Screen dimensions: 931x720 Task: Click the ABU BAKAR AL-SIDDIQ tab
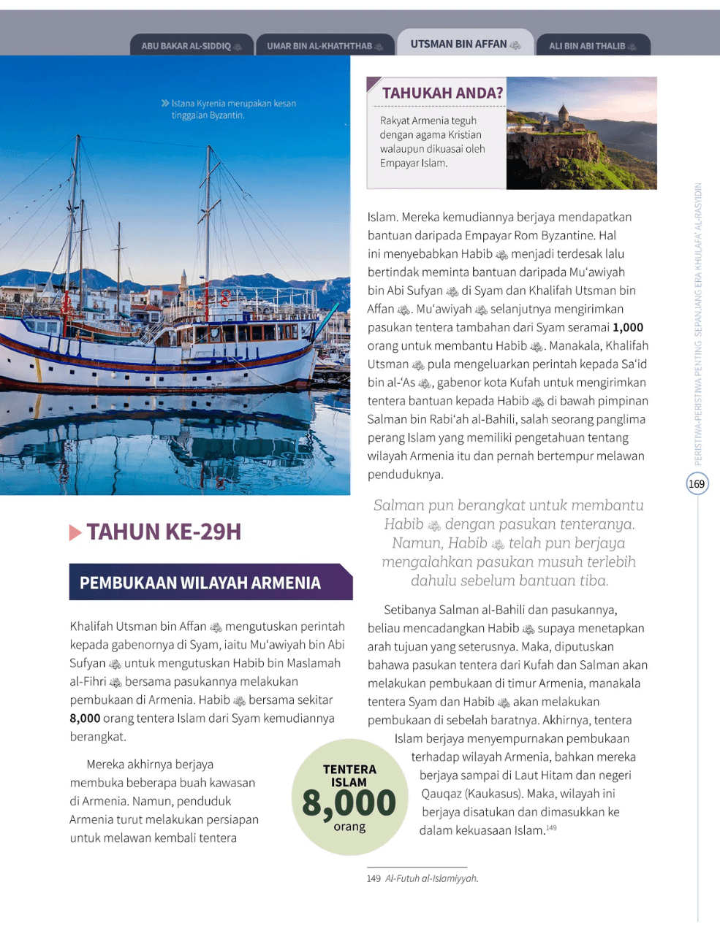click(x=192, y=46)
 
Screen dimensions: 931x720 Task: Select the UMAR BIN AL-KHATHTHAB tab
click(x=325, y=46)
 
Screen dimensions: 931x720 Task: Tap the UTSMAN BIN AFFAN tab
click(x=465, y=45)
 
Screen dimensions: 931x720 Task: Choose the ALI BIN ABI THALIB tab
click(x=592, y=46)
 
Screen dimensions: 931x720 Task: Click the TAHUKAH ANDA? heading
click(x=442, y=93)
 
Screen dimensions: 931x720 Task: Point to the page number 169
click(x=697, y=483)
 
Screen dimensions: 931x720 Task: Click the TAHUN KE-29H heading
click(x=164, y=532)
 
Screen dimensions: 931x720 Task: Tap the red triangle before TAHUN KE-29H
click(x=75, y=533)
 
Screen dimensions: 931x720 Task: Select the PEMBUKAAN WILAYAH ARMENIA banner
click(x=200, y=583)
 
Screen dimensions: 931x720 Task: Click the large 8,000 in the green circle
click(x=349, y=803)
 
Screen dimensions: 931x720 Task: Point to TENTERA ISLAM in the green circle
click(x=349, y=775)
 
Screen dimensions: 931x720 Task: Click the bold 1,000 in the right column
click(x=628, y=327)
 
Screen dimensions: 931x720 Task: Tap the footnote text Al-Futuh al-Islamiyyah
click(x=431, y=878)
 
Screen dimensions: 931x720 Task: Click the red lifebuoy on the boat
click(x=225, y=298)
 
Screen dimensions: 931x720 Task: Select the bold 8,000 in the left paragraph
click(x=85, y=719)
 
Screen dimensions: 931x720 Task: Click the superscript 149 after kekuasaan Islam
click(x=551, y=828)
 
